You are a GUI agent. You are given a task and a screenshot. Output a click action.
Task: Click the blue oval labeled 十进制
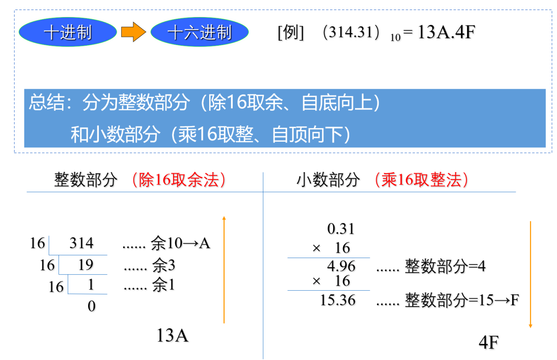(x=68, y=32)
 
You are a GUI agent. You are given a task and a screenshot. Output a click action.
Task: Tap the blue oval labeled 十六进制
(x=200, y=32)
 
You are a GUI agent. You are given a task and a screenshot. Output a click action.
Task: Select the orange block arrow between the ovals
(x=133, y=32)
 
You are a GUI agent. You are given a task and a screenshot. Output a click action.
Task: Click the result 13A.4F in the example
(x=446, y=32)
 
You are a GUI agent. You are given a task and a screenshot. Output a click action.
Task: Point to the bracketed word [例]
(x=291, y=32)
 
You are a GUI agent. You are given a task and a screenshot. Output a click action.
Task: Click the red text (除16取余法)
(x=179, y=180)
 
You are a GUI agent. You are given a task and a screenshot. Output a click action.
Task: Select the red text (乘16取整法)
(x=422, y=180)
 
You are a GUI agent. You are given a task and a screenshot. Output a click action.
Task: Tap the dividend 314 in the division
(x=82, y=243)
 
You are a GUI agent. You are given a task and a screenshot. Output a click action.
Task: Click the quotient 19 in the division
(x=86, y=264)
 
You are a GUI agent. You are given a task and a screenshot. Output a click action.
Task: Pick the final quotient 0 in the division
(x=92, y=306)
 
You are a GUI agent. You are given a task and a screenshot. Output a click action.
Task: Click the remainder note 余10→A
(x=180, y=243)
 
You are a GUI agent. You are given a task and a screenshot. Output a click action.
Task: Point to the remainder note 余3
(x=164, y=265)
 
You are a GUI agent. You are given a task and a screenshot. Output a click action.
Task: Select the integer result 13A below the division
(x=173, y=335)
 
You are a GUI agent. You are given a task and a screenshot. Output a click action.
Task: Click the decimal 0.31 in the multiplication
(x=341, y=229)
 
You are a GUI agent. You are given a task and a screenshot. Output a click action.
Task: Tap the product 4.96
(x=341, y=266)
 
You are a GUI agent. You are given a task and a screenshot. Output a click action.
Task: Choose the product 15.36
(x=338, y=300)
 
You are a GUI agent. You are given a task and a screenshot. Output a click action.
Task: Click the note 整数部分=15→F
(x=462, y=300)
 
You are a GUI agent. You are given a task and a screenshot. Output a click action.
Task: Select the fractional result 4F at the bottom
(x=488, y=342)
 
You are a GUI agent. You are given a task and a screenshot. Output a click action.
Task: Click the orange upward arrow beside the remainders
(x=224, y=270)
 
